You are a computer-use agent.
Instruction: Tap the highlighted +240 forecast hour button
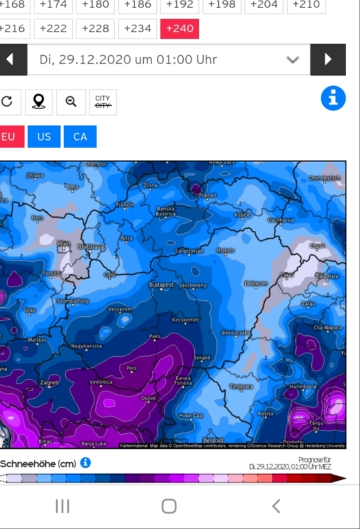coord(179,29)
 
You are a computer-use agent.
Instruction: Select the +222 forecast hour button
coord(54,29)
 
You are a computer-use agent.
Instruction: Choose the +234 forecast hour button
coord(138,29)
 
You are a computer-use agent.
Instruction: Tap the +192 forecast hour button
coord(180,5)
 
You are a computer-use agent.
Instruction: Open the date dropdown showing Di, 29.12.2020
coord(169,60)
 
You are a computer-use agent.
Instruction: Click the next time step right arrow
coord(328,60)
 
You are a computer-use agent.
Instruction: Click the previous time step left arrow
coord(10,60)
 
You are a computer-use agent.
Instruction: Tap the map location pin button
coord(39,102)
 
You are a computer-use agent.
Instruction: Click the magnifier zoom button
coord(71,102)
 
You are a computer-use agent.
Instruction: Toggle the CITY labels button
coord(103,102)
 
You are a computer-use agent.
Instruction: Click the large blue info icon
coord(333,98)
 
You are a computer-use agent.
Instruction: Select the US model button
coord(44,136)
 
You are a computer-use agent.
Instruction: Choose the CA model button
coord(80,136)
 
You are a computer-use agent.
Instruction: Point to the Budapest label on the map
coord(162,284)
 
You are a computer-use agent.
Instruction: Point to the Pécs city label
coord(131,369)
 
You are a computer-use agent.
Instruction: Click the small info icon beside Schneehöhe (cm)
coord(85,463)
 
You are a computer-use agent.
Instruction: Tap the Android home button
coord(169,506)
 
